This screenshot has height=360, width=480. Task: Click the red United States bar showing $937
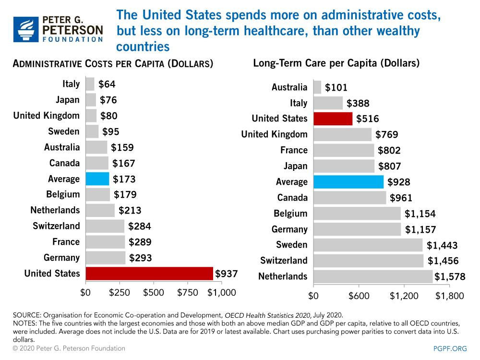[x=149, y=274]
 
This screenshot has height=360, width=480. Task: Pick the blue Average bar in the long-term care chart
[x=348, y=182]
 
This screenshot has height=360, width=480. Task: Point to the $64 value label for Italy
[x=107, y=84]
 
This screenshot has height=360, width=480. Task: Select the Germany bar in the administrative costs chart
[x=106, y=258]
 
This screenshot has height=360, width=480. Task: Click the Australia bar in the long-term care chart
[x=317, y=87]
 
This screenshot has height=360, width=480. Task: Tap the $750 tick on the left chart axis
[x=188, y=292]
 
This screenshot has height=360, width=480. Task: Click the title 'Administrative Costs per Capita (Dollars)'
[x=113, y=64]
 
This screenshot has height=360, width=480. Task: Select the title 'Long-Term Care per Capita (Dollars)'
[x=336, y=63]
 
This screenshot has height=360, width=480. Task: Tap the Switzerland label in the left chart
[x=56, y=226]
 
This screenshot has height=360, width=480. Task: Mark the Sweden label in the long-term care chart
[x=291, y=245]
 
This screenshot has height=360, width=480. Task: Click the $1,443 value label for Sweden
[x=442, y=245]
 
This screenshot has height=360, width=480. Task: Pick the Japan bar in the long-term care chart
[x=344, y=166]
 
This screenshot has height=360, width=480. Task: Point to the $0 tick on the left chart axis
[x=85, y=292]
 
